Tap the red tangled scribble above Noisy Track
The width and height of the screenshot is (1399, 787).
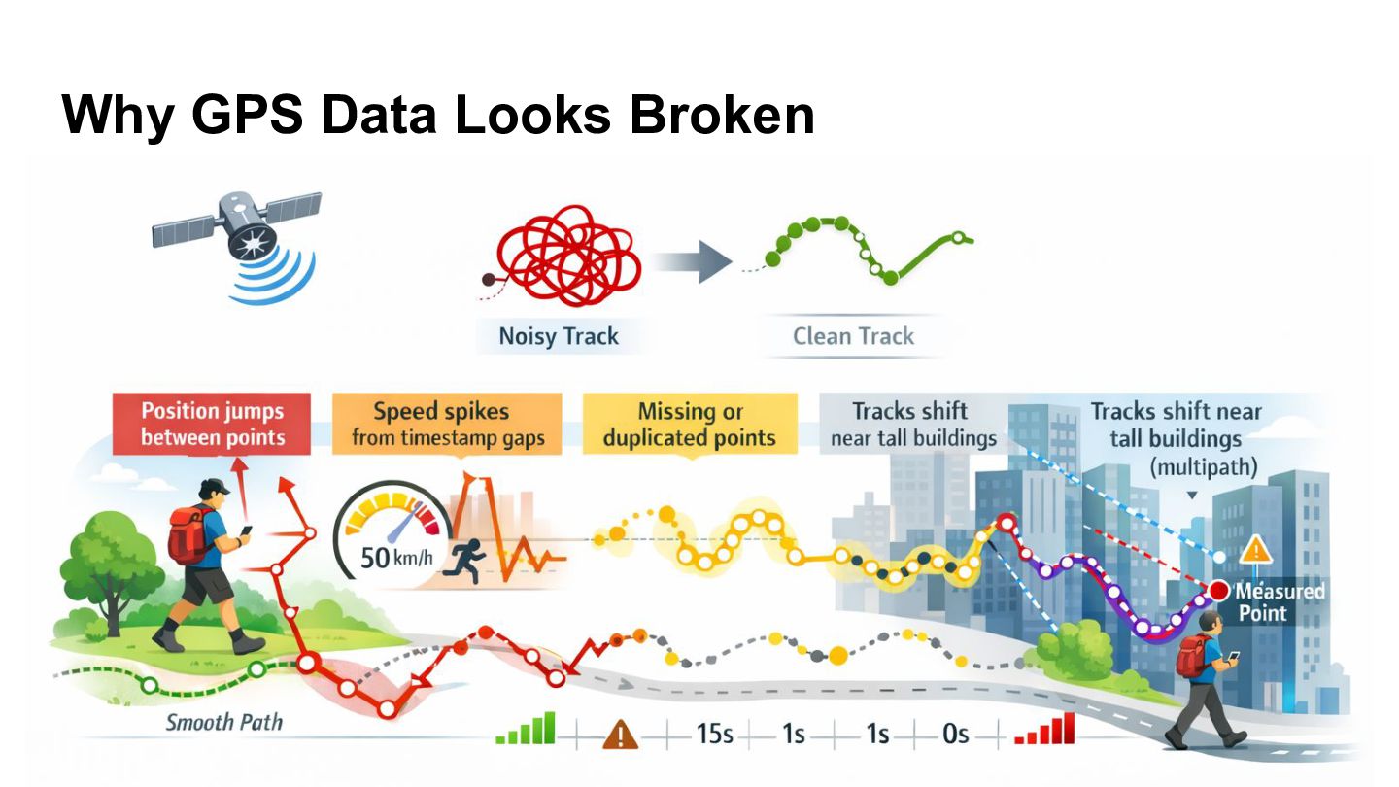pos(565,257)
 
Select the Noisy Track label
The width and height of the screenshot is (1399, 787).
pos(559,336)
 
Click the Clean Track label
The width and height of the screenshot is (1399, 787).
pos(853,336)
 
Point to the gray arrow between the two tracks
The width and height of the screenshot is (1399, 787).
pos(692,261)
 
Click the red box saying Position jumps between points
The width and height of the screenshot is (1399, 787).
pos(212,424)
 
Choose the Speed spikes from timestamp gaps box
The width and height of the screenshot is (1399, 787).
pos(447,424)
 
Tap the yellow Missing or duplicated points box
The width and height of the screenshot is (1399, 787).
pos(690,424)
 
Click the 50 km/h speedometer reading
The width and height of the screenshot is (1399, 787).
pos(396,557)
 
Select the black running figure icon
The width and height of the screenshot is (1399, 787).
pos(464,561)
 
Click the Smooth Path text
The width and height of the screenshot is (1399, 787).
pos(224,723)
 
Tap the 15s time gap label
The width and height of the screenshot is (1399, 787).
pos(714,734)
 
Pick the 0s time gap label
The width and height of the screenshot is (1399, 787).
pos(956,734)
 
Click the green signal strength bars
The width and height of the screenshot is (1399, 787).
pos(526,729)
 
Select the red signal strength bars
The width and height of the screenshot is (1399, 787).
pos(1045,729)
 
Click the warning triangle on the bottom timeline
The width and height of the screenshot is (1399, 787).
pos(620,734)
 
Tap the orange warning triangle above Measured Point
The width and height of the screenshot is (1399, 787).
pos(1255,550)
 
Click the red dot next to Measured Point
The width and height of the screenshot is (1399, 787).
pos(1218,591)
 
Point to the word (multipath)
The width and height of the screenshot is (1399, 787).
pos(1204,467)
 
